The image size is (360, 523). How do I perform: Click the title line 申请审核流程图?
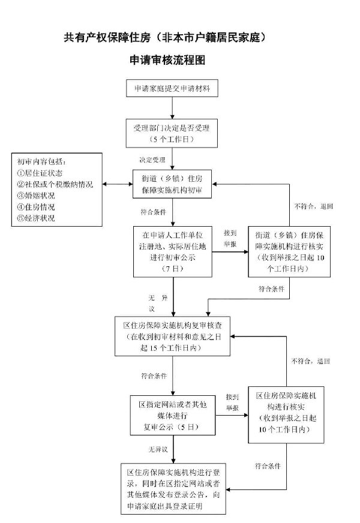tap(167, 60)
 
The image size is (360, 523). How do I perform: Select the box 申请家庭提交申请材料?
tap(172, 88)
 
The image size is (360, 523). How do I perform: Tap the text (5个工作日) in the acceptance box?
tap(172, 139)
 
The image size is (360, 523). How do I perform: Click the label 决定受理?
tap(152, 160)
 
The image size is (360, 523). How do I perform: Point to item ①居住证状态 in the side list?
tap(40, 173)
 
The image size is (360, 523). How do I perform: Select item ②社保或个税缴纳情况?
tap(55, 185)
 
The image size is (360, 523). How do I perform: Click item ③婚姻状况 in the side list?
tap(35, 196)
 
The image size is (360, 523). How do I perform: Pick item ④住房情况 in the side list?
tap(35, 207)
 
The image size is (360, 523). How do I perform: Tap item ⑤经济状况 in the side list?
tap(35, 218)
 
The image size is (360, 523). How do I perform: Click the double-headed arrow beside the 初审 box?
tap(118, 184)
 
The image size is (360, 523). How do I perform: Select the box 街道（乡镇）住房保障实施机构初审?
tap(172, 184)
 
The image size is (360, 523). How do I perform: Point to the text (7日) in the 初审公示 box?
tap(172, 269)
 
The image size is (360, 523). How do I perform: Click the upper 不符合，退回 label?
tap(314, 206)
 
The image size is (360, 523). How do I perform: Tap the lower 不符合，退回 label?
tap(311, 361)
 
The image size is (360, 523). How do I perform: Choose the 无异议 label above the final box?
tap(158, 449)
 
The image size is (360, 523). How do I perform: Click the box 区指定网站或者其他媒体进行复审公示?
tap(173, 415)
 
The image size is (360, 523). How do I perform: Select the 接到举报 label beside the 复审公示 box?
tap(232, 402)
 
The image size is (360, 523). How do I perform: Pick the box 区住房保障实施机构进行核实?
tap(286, 414)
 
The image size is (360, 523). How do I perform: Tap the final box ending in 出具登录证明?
tap(173, 489)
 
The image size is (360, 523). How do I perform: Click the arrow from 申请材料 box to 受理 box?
tap(172, 108)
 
